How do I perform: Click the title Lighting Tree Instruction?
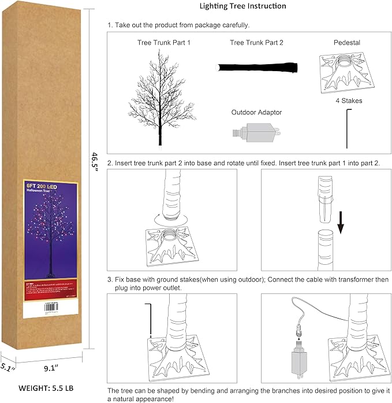[242, 6]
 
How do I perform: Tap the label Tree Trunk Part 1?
[163, 43]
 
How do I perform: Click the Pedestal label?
[348, 43]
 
